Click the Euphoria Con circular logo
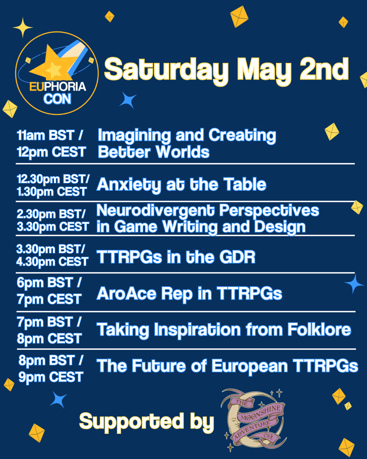57,73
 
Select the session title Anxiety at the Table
181,185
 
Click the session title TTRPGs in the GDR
176,257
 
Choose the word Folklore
319,329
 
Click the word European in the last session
250,366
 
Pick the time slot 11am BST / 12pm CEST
51,143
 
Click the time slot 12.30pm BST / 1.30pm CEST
53,185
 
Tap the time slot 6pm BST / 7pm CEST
49,291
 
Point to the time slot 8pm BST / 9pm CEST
51,369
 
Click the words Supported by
146,422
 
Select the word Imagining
134,135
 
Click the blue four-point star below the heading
128,100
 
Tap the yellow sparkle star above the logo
23,27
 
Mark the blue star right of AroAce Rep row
354,284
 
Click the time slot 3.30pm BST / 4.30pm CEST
52,255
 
